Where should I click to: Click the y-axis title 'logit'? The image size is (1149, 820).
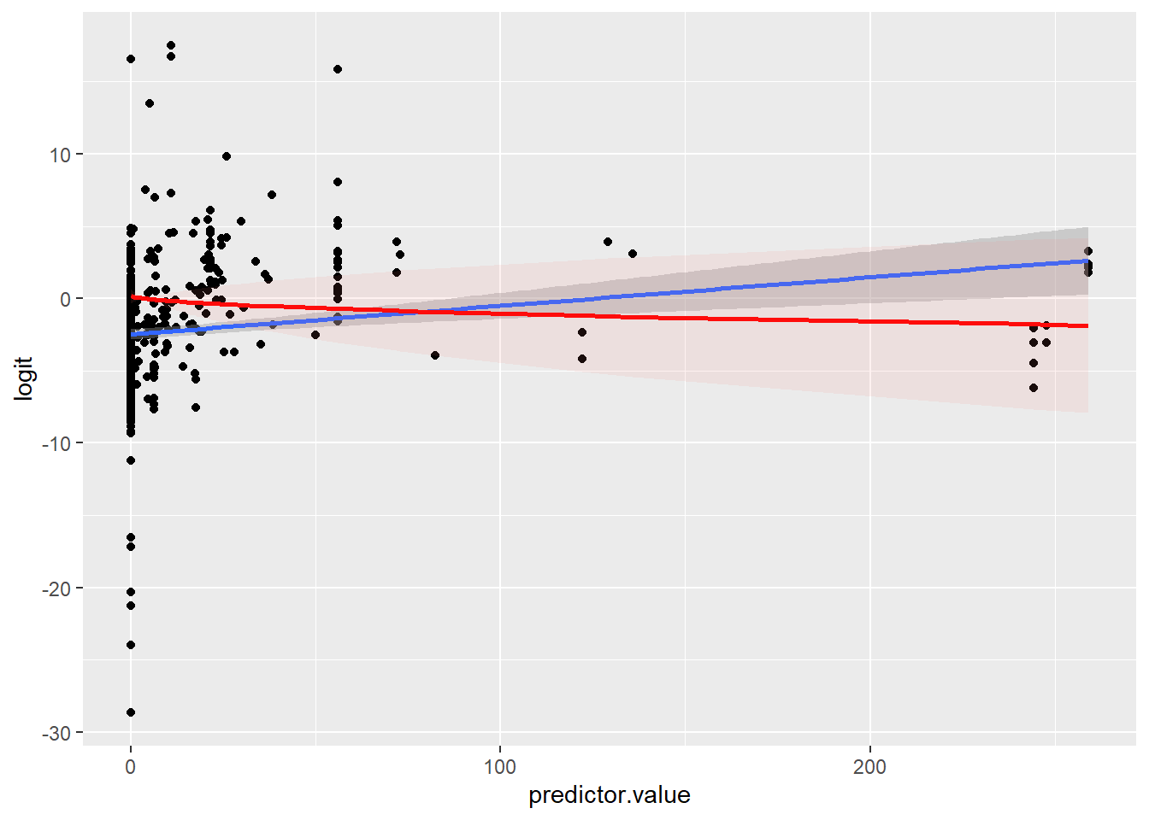click(x=24, y=378)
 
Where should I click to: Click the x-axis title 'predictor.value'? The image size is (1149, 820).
click(x=609, y=795)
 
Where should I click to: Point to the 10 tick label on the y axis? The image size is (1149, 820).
click(x=62, y=155)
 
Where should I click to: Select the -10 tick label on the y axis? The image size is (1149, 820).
click(x=58, y=443)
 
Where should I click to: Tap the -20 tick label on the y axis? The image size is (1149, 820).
click(x=58, y=589)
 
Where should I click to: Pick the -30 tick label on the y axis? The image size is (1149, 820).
click(x=58, y=733)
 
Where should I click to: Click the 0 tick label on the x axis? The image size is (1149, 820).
click(x=131, y=767)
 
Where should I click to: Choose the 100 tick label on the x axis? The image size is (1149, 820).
click(x=500, y=767)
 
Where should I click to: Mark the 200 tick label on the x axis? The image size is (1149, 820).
click(x=870, y=767)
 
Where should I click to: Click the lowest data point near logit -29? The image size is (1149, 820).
click(x=131, y=712)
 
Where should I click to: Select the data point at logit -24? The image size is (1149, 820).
click(x=131, y=645)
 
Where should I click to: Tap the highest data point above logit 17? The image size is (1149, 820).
click(x=171, y=45)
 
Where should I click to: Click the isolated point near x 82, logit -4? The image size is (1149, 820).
click(x=435, y=355)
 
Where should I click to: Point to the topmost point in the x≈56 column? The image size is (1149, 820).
click(x=338, y=69)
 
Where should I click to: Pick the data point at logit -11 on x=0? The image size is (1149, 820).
click(x=131, y=460)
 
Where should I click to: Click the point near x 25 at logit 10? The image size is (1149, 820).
click(x=227, y=156)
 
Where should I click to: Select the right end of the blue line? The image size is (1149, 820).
click(x=1087, y=261)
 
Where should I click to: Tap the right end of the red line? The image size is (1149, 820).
click(x=1087, y=326)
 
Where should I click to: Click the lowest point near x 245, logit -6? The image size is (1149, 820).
click(x=1034, y=388)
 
